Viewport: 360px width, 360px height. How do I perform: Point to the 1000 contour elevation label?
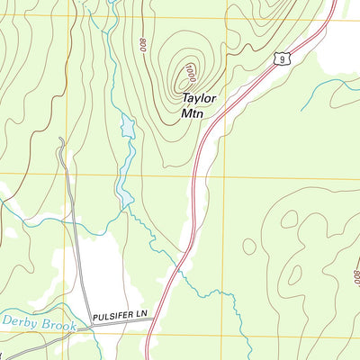[190, 69]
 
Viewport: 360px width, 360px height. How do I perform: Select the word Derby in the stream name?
[19, 321]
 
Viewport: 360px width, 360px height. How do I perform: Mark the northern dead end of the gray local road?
[60, 139]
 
